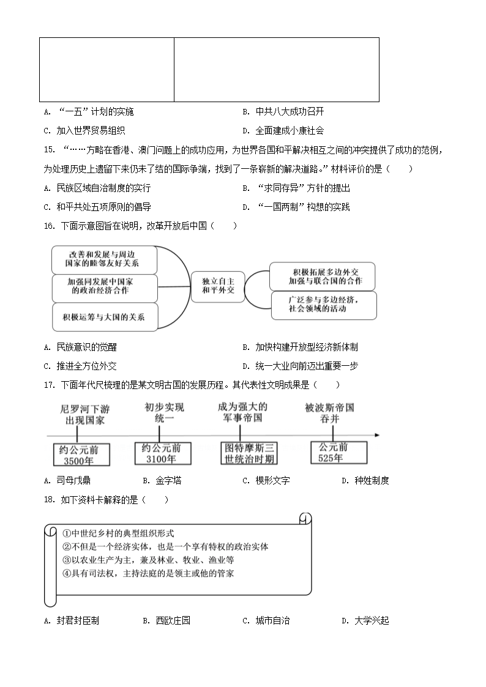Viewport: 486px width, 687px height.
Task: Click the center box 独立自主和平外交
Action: (x=219, y=285)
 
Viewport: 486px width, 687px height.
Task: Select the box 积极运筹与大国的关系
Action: (x=103, y=316)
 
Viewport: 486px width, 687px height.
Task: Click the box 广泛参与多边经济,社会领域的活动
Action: (x=323, y=304)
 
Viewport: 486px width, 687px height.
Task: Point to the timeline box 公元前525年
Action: (x=338, y=452)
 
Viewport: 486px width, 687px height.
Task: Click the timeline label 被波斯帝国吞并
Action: (x=329, y=413)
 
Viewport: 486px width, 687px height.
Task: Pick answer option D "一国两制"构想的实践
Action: (x=296, y=207)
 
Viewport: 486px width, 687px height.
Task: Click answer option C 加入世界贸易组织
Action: (x=84, y=130)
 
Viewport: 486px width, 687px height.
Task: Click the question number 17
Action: (x=50, y=385)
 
